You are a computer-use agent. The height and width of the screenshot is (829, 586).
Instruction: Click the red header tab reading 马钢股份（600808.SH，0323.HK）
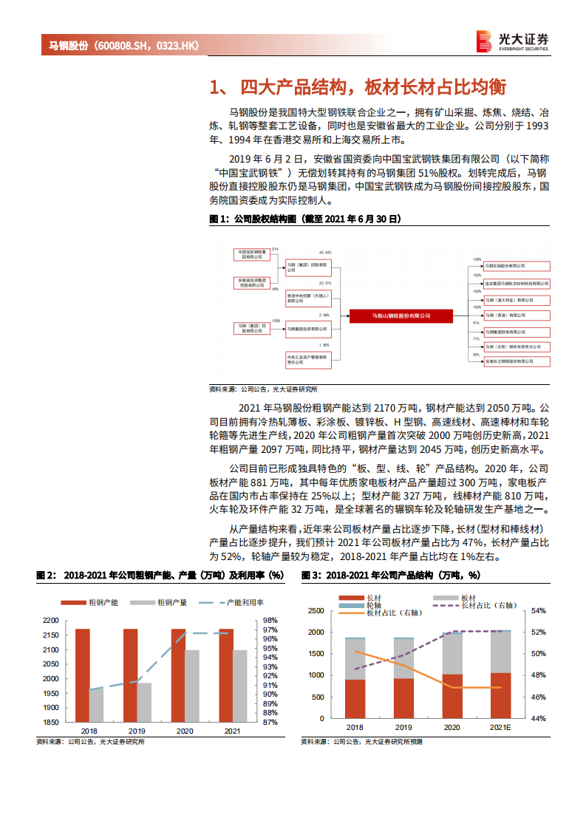point(123,46)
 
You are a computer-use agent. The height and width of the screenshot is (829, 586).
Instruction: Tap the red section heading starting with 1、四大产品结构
point(358,87)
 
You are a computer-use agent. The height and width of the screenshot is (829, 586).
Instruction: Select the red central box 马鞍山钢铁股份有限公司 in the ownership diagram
point(400,316)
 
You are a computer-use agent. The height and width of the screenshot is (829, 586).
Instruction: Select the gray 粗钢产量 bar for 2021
point(239,686)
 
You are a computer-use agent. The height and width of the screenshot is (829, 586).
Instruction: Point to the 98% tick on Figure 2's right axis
point(270,621)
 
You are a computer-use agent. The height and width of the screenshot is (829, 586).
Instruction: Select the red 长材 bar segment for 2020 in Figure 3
point(452,695)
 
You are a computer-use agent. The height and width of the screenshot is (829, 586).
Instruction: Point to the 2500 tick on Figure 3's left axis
point(316,611)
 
